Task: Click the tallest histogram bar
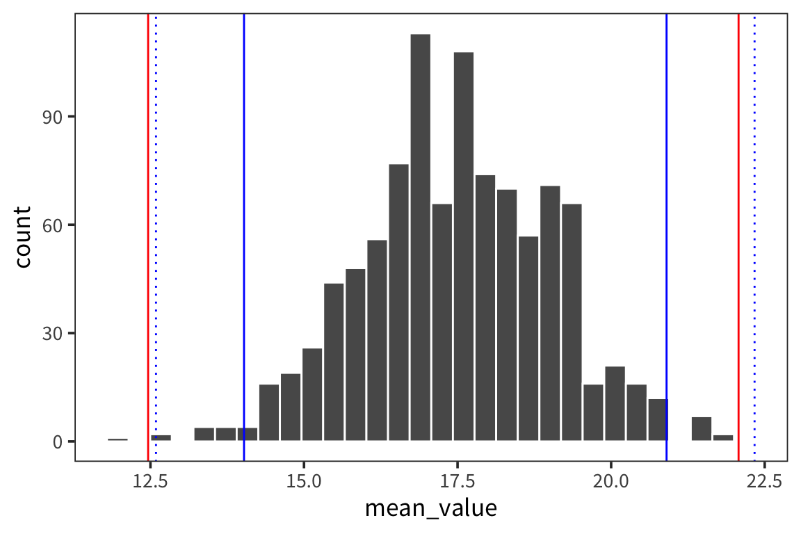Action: click(x=420, y=236)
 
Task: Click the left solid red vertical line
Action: click(x=148, y=209)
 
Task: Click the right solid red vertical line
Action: click(x=738, y=209)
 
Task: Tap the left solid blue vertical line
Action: click(x=244, y=209)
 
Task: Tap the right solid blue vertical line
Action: click(x=666, y=209)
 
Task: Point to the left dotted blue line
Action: click(x=156, y=209)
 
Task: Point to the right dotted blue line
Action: click(x=754, y=209)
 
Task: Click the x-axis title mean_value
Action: click(x=431, y=508)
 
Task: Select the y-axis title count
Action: click(x=22, y=236)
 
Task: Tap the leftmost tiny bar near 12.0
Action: click(x=118, y=439)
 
